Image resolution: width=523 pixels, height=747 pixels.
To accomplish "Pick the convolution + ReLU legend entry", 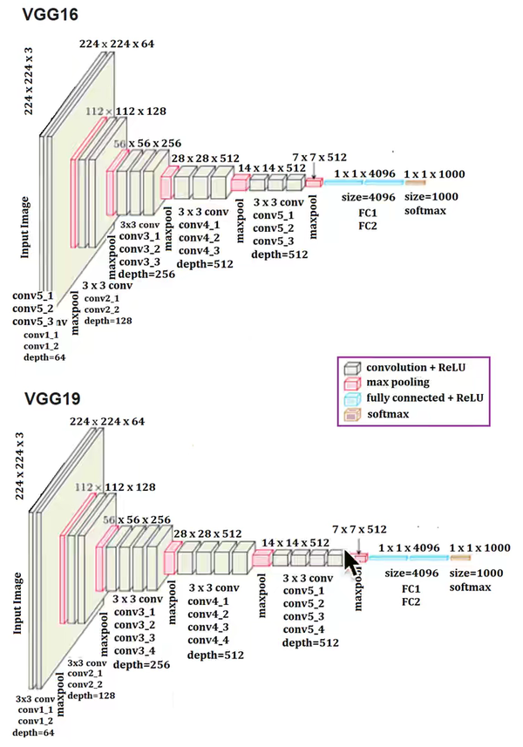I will coord(412,367).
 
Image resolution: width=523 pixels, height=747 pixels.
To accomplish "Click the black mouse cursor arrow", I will coord(352,564).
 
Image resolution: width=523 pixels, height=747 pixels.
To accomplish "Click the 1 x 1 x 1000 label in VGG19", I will coord(480,547).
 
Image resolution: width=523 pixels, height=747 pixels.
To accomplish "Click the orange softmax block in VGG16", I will coord(415,182).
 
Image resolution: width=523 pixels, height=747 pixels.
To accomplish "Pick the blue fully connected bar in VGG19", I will coord(406,557).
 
